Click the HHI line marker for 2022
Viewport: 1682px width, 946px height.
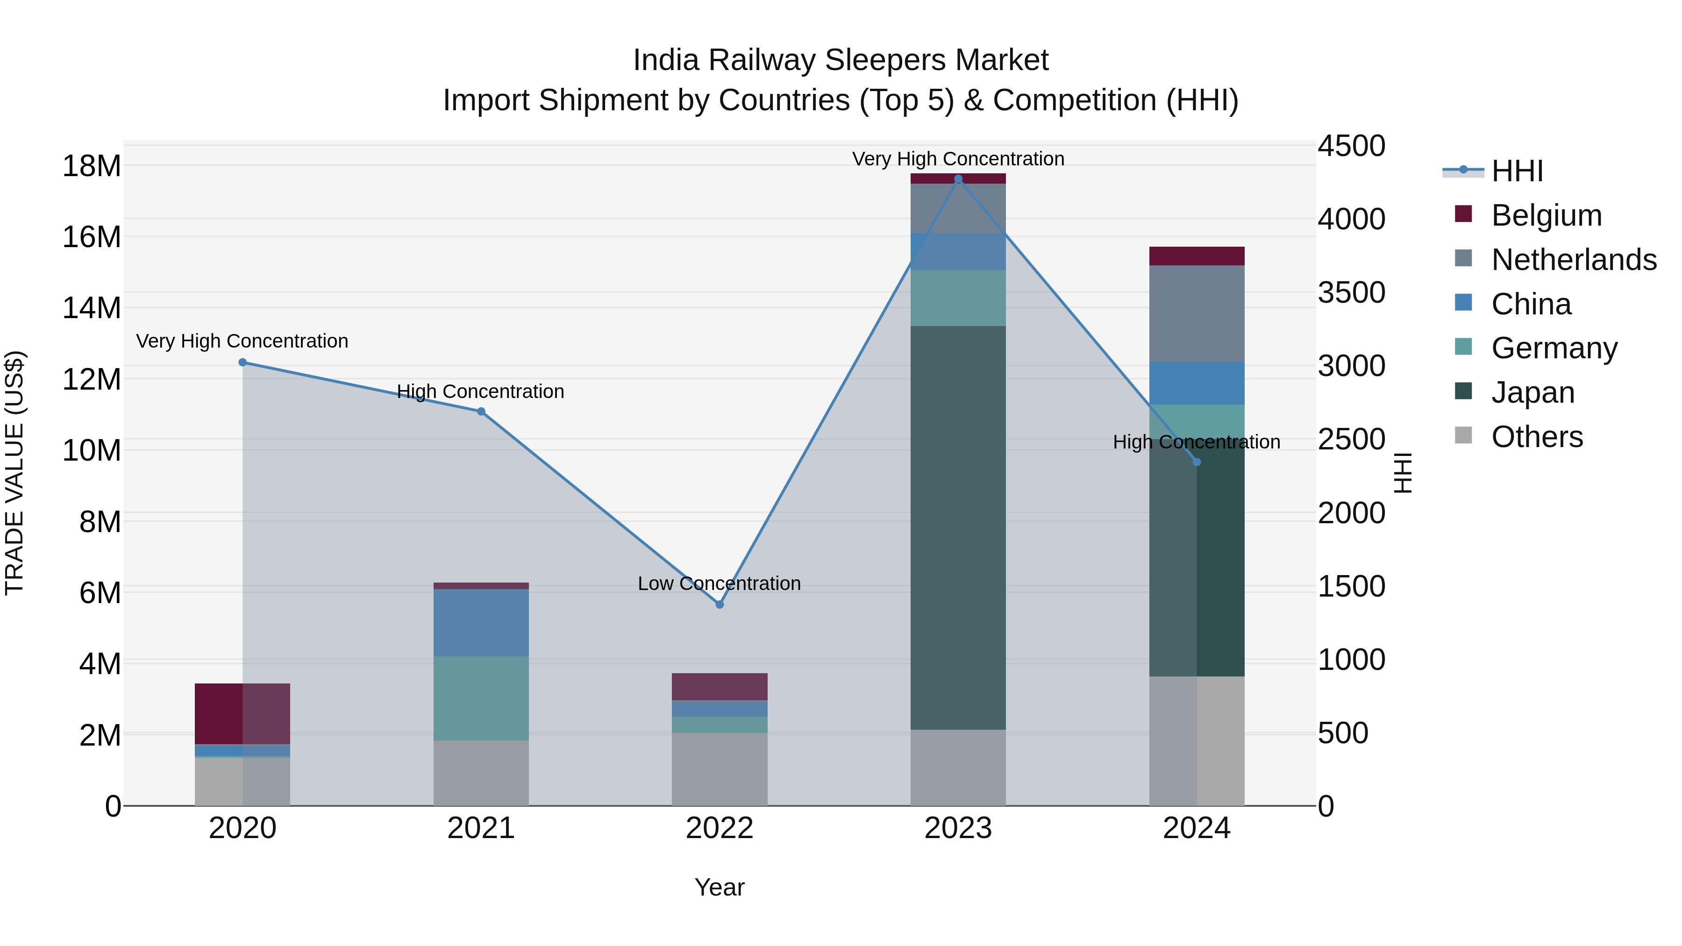pos(720,605)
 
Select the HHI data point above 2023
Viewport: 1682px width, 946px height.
pos(958,179)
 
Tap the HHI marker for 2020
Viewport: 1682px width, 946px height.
pos(242,363)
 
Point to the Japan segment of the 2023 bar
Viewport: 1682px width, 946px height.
pos(958,527)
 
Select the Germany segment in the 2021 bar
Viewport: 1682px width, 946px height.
pos(481,698)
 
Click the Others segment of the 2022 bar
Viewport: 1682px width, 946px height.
pos(720,769)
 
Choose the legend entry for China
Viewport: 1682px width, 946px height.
pos(1531,304)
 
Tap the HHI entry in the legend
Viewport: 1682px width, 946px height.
pos(1517,171)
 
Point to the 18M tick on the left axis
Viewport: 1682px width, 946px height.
pos(92,166)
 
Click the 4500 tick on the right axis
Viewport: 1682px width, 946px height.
pos(1351,146)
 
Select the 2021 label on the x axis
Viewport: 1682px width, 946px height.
pos(481,828)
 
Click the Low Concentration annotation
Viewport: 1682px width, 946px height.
pos(719,583)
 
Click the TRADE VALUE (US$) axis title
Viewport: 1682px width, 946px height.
pos(14,473)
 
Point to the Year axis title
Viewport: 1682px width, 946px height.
pos(719,887)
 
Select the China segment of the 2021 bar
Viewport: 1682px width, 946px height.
pos(481,622)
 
